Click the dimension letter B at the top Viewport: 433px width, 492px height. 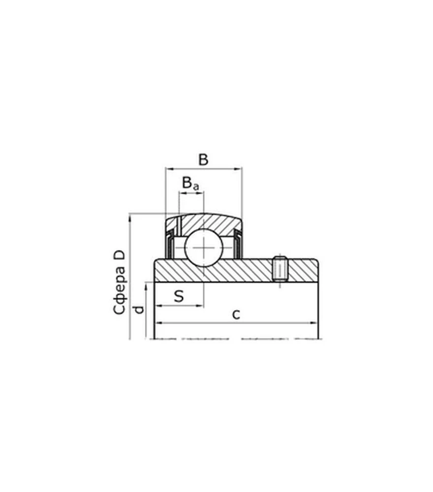click(x=203, y=159)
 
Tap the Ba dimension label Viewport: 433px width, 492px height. click(x=190, y=183)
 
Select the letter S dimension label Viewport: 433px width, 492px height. click(x=179, y=296)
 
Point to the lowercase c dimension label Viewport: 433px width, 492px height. click(x=236, y=314)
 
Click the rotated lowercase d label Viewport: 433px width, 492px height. click(x=139, y=309)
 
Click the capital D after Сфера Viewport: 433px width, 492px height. click(x=119, y=255)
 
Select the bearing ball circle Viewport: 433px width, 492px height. click(x=204, y=247)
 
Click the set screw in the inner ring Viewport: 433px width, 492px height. click(x=280, y=269)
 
